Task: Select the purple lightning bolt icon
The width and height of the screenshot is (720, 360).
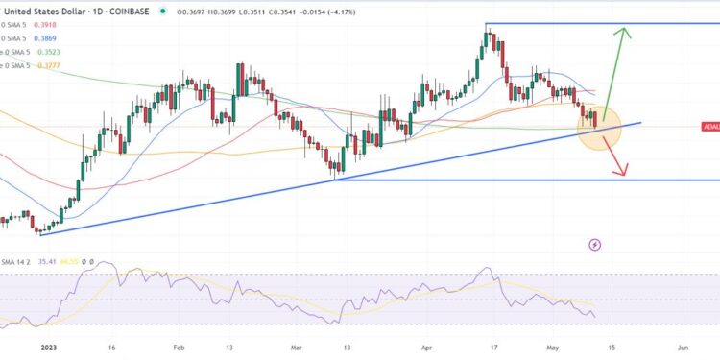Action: pos(595,245)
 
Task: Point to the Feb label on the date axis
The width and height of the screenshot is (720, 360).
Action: pos(179,350)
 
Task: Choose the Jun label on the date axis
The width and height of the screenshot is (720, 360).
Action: pos(682,350)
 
